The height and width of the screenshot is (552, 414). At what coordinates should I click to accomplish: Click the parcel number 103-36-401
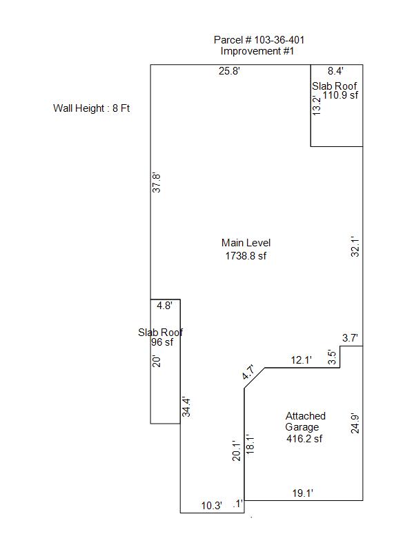click(279, 40)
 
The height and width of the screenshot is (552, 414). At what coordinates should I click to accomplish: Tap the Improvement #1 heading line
click(257, 51)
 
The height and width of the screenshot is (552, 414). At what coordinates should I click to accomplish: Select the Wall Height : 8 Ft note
click(92, 108)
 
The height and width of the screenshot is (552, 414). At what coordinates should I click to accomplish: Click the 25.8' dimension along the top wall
click(229, 71)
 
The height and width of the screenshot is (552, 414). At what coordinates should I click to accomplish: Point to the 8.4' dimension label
click(335, 71)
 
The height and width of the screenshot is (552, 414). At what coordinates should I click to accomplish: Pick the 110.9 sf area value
click(340, 95)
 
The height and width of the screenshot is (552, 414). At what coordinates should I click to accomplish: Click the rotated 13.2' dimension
click(317, 106)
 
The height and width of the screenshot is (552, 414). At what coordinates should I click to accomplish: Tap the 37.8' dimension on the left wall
click(157, 183)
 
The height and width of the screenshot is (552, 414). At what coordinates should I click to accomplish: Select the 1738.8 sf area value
click(246, 255)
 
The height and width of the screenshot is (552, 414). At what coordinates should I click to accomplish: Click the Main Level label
click(246, 243)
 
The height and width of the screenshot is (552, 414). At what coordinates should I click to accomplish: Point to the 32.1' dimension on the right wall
click(355, 246)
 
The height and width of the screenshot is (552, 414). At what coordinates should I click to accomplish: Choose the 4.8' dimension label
click(164, 306)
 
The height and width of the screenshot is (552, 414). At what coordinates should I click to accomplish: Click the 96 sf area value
click(162, 342)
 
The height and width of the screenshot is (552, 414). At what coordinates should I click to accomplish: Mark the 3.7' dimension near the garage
click(350, 338)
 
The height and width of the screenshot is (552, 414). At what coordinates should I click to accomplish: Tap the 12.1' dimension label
click(302, 360)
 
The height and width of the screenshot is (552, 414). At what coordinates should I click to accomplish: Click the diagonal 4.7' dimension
click(248, 373)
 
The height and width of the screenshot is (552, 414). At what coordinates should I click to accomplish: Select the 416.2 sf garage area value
click(304, 438)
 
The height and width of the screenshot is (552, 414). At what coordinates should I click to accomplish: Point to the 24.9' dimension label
click(355, 424)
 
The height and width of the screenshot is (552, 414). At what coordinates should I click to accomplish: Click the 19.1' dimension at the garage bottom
click(303, 493)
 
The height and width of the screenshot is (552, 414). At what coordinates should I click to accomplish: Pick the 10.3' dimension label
click(212, 506)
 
